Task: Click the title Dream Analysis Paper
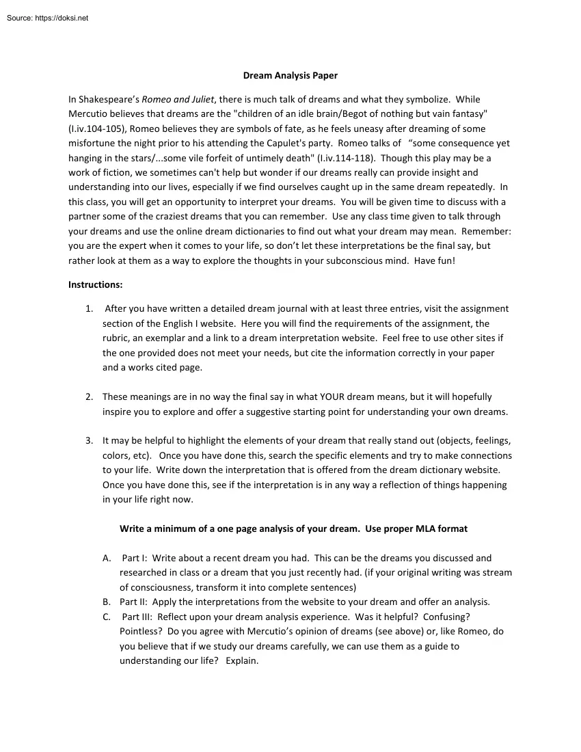pos(290,75)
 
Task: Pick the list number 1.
pos(89,309)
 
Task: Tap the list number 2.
pos(89,397)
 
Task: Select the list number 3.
pos(89,441)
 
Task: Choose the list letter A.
pos(106,558)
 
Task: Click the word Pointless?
pos(141,632)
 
